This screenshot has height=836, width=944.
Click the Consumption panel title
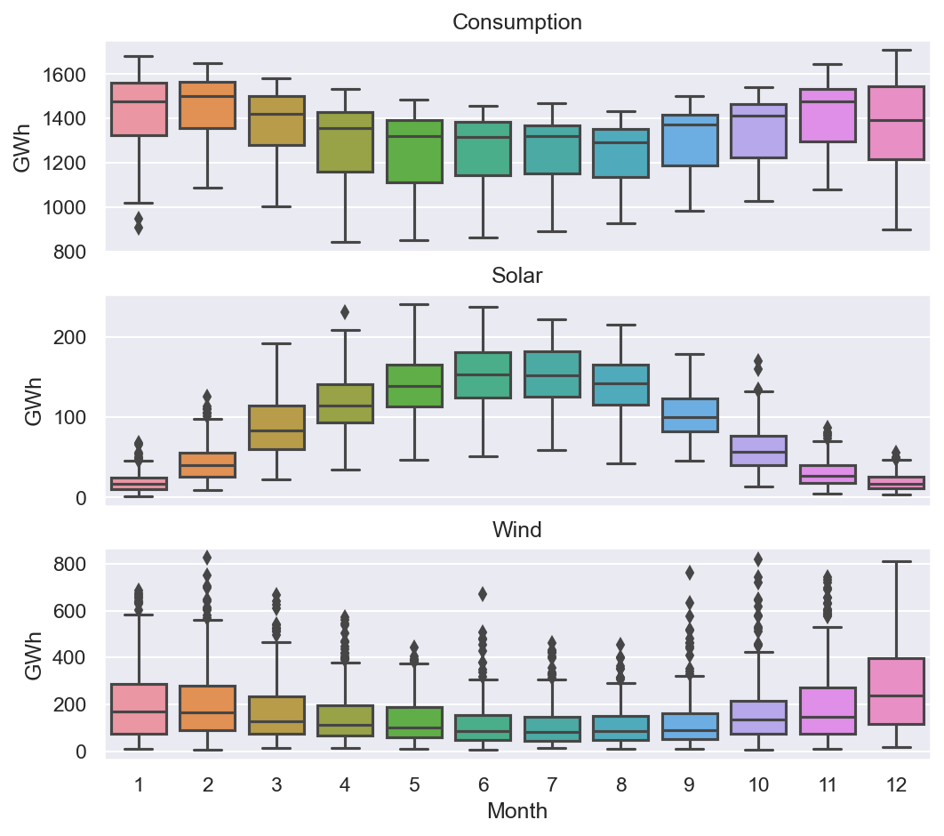tap(517, 22)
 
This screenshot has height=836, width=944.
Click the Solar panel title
tap(517, 276)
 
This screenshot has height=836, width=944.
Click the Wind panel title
tap(517, 530)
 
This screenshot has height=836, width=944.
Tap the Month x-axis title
tap(517, 811)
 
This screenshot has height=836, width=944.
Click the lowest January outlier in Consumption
tap(139, 229)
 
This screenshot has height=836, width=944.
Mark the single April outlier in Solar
tap(345, 312)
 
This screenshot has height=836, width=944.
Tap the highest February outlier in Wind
tap(208, 558)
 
